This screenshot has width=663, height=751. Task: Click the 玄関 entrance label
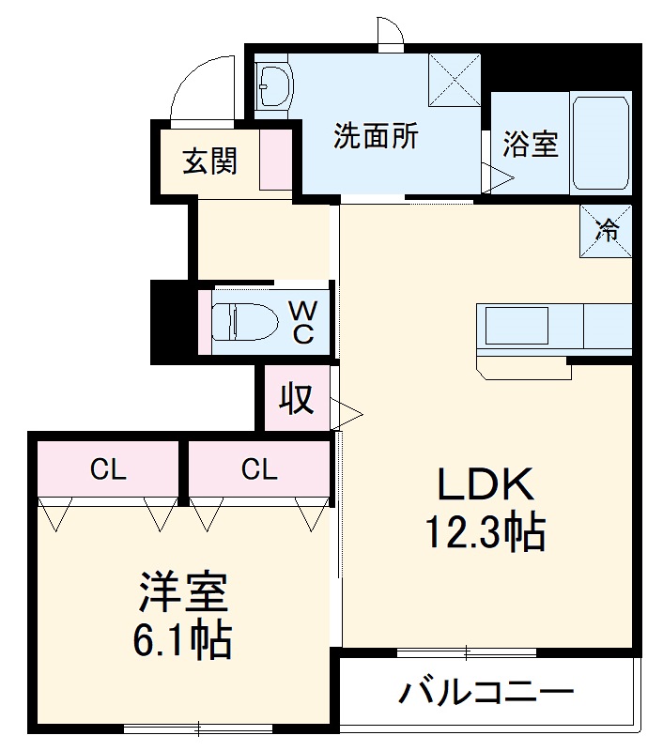tap(208, 161)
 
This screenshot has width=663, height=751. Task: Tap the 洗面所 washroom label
tap(376, 137)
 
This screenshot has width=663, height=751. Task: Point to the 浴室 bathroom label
tap(531, 144)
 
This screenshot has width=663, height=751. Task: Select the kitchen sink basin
tap(516, 326)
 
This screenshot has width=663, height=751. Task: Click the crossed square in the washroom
tap(455, 80)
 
